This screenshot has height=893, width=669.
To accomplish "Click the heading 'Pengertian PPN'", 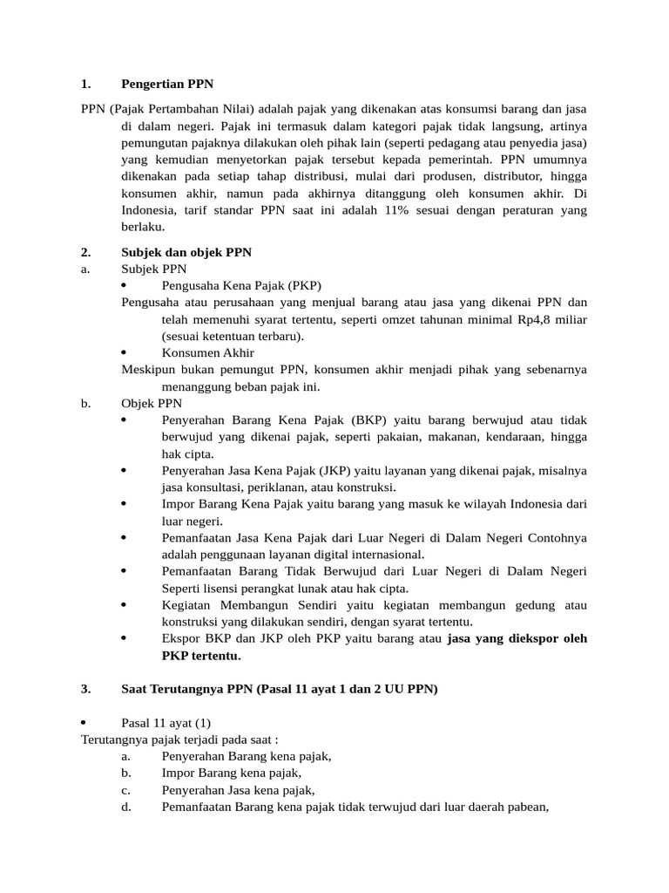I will coord(166,85).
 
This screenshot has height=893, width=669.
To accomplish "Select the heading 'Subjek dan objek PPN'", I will coord(186,252).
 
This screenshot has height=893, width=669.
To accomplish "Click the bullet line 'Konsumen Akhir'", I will coord(208,352).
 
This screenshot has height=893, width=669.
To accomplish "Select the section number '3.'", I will coord(85,689).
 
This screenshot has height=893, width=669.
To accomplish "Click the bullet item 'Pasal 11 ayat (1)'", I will coord(166,723).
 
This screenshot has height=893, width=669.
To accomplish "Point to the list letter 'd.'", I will coord(126,807).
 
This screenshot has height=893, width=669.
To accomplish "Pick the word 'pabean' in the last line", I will coord(526,807).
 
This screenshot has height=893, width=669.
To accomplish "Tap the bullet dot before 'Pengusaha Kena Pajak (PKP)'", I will coord(124,285).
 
